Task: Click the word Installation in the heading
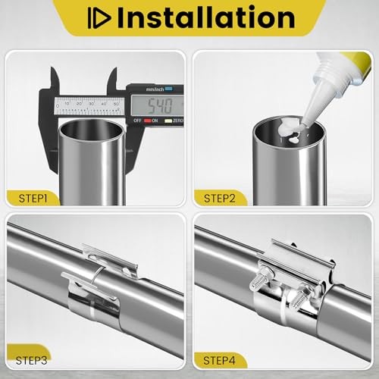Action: tap(206, 17)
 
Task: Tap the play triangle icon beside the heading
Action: tap(99, 18)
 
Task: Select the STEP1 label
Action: tap(33, 199)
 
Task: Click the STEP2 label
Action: tap(220, 199)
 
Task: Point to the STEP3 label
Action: tap(31, 361)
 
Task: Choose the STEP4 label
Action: tap(219, 361)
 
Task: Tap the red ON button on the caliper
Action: tap(148, 121)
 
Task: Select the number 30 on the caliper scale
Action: tap(91, 104)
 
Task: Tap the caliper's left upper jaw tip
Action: tap(52, 68)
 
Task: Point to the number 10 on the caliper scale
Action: tap(67, 104)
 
